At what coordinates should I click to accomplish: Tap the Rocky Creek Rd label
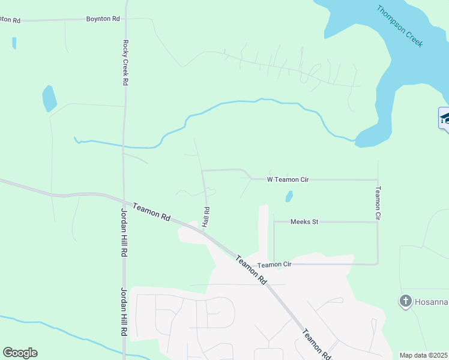click(x=126, y=62)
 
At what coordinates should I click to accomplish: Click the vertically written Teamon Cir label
click(x=378, y=202)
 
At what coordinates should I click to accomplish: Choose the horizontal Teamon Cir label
click(x=274, y=265)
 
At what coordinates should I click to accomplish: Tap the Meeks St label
click(x=304, y=222)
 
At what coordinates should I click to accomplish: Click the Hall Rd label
click(x=206, y=217)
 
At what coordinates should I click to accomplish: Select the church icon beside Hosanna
click(x=405, y=301)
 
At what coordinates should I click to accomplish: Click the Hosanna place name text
click(x=432, y=301)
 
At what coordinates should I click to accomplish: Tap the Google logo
click(x=20, y=353)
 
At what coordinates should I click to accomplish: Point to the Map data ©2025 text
click(x=423, y=355)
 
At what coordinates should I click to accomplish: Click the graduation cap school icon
click(x=445, y=118)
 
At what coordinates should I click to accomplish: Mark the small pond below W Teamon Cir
click(x=289, y=196)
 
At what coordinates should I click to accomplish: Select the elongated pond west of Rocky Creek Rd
click(x=49, y=98)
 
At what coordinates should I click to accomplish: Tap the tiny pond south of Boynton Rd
click(x=14, y=43)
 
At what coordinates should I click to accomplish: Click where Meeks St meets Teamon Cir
click(x=378, y=222)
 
